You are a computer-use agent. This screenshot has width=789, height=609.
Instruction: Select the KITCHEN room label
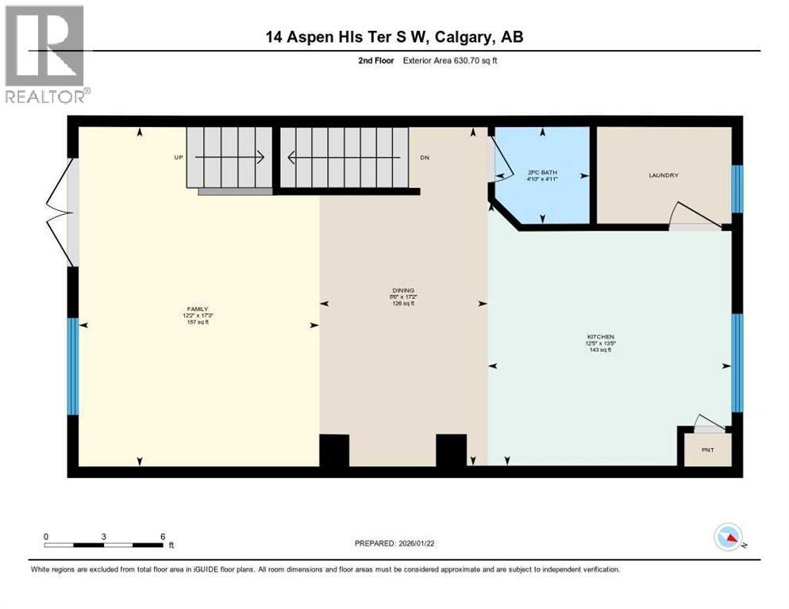pos(600,337)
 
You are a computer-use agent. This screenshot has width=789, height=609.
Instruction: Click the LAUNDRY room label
pos(663,175)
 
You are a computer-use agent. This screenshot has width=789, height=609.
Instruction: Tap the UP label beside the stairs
pos(179,158)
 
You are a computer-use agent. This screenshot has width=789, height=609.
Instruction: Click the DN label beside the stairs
pos(425,158)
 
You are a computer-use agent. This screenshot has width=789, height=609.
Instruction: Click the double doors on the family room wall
pos(62,212)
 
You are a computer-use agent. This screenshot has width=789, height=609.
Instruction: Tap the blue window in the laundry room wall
pos(737,189)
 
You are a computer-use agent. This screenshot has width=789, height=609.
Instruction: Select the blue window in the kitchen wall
pos(737,362)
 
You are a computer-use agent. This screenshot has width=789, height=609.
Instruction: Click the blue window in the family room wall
pos(73,366)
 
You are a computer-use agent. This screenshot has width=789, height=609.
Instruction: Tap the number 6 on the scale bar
pos(162,536)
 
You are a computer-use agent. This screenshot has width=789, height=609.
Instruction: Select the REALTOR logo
pos(46,54)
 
